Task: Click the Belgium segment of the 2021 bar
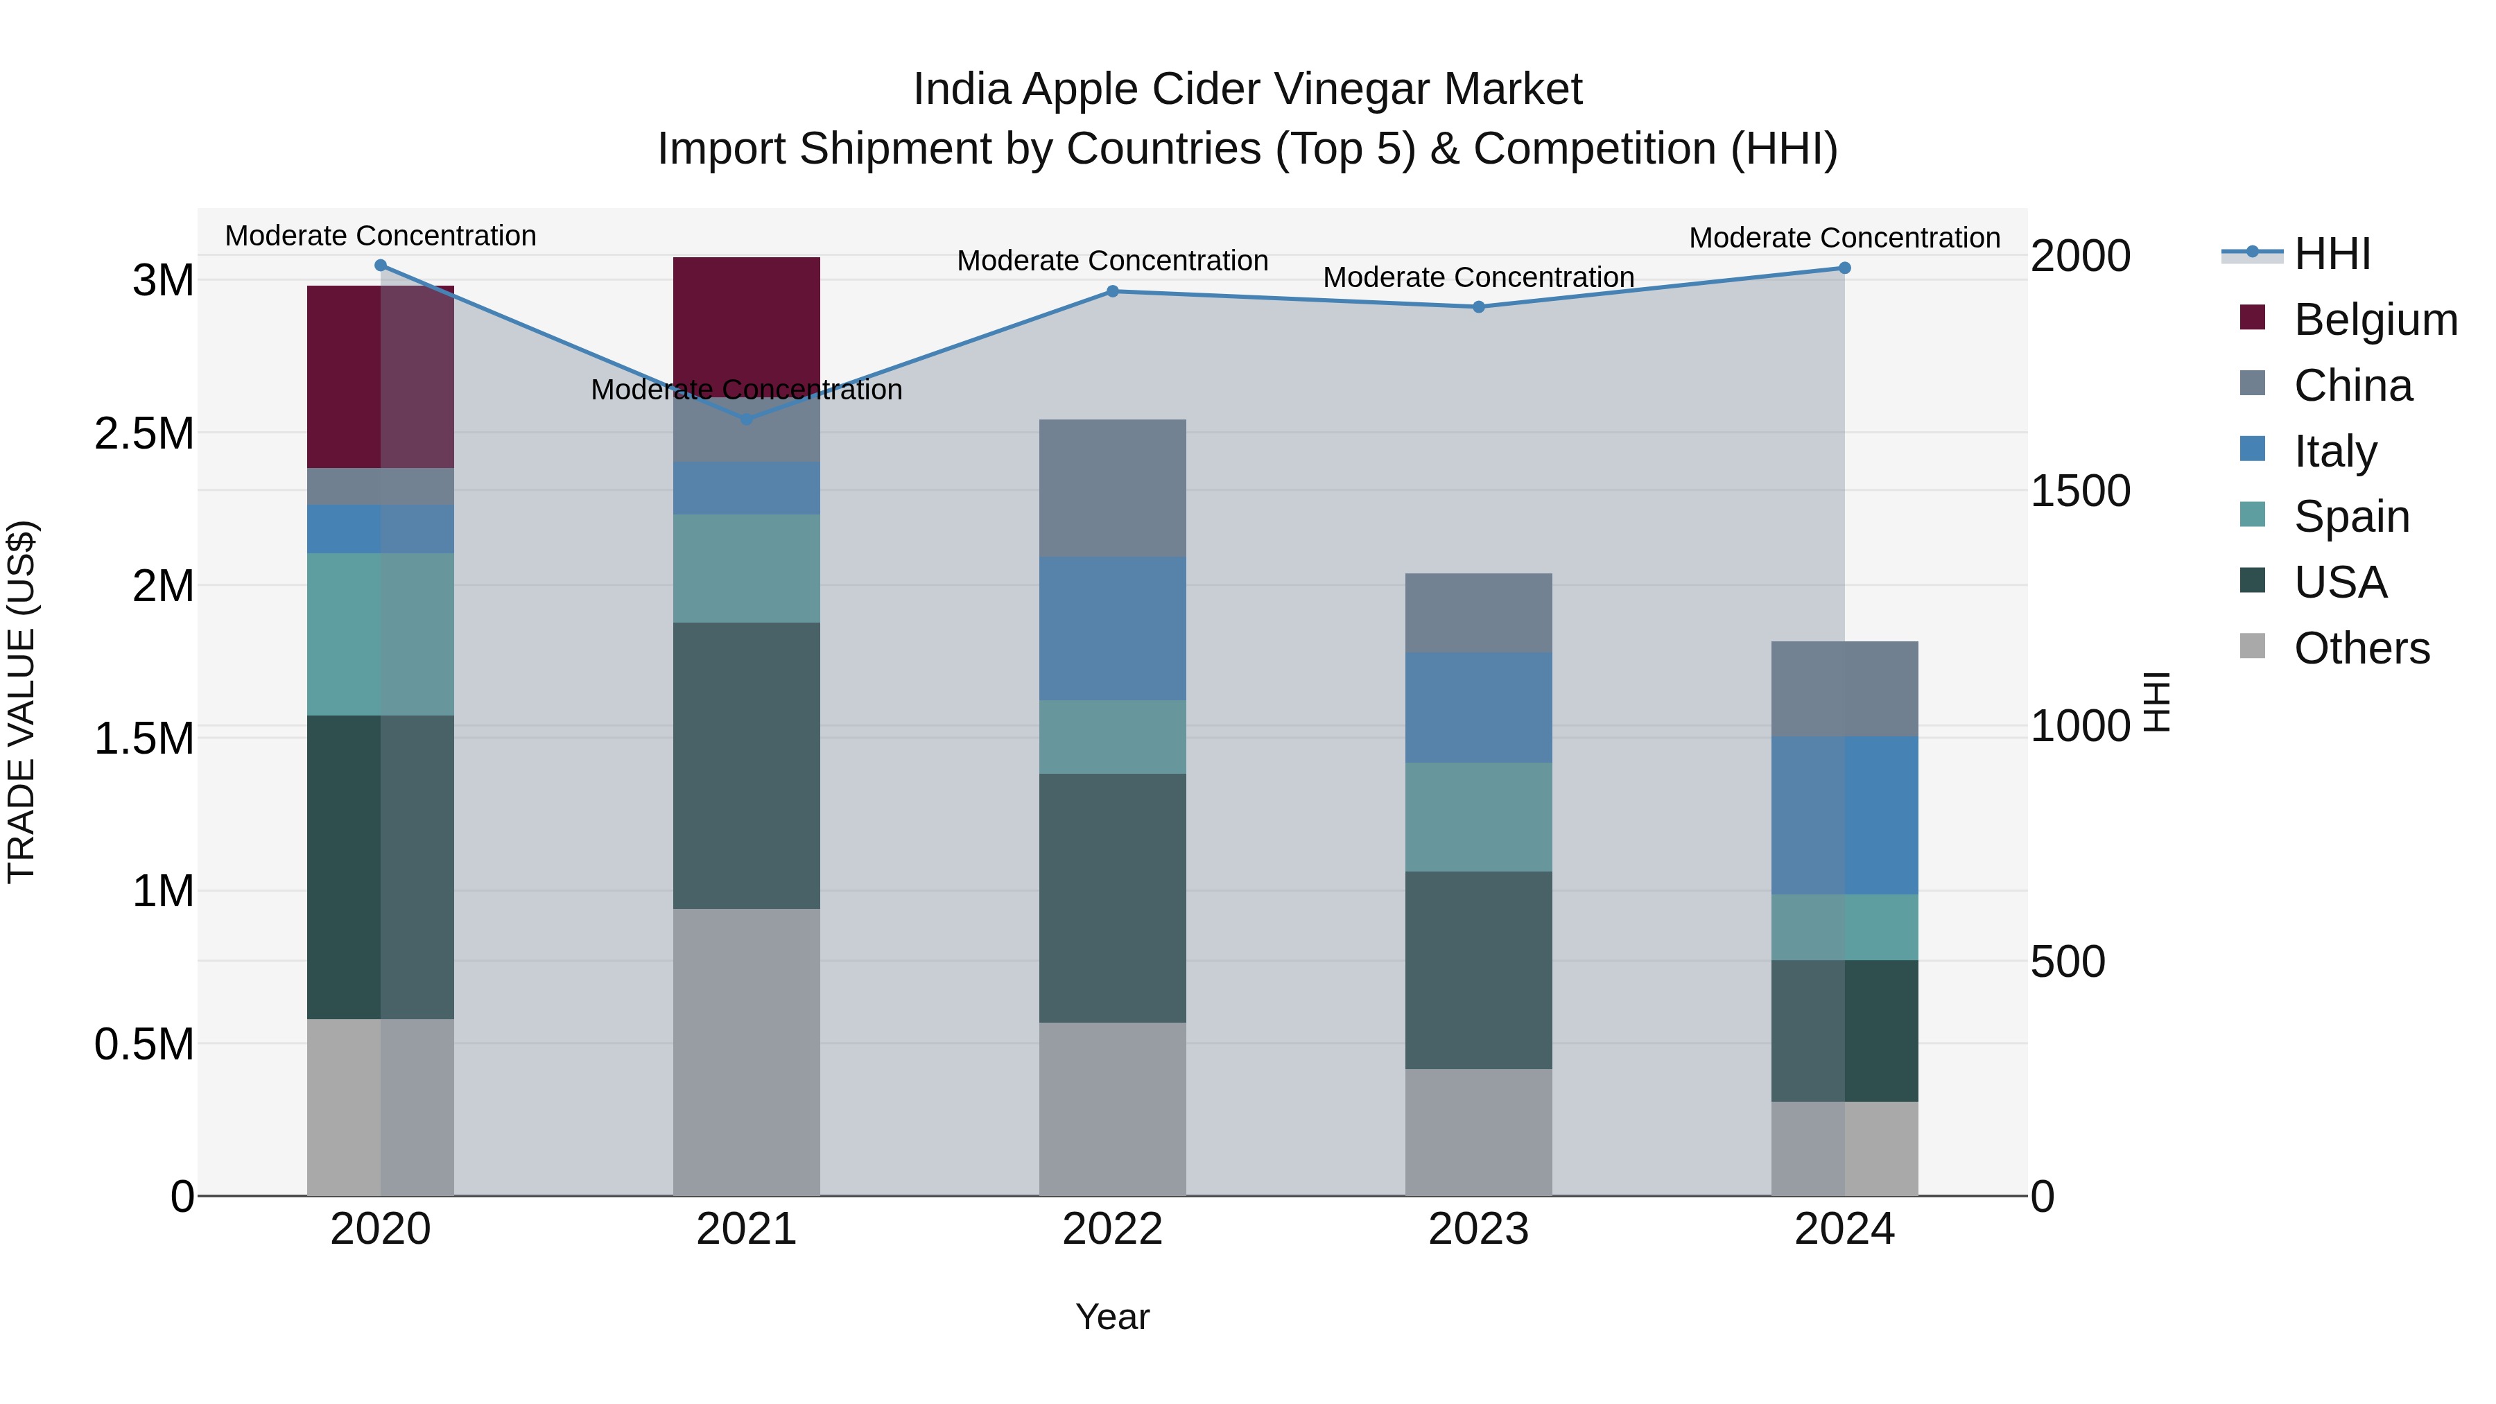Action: (746, 320)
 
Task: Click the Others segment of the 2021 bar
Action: (746, 1051)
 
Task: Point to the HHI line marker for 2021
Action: (746, 419)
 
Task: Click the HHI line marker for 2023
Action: (1479, 307)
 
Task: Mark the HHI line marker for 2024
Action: (1844, 268)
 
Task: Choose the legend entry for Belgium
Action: (2374, 320)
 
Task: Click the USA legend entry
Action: (2339, 582)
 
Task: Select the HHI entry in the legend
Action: (2331, 254)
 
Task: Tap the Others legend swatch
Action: (2253, 646)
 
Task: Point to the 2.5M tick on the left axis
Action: (144, 433)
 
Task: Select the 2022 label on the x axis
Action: (1112, 1229)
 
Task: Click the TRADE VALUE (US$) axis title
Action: (21, 702)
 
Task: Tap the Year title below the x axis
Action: (1112, 1317)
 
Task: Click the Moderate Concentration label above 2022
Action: (1112, 261)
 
